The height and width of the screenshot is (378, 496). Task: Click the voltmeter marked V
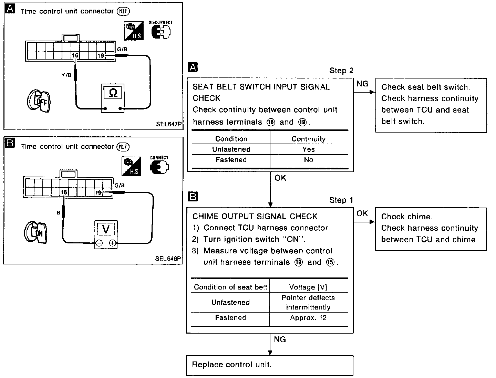[x=106, y=233]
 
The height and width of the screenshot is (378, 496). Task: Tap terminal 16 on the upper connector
[x=75, y=55]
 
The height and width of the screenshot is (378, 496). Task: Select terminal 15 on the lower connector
[x=64, y=192]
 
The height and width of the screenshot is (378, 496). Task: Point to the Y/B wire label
[x=66, y=75]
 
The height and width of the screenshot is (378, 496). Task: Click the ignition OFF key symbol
[x=38, y=101]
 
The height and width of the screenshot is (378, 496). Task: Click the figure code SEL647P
[x=168, y=124]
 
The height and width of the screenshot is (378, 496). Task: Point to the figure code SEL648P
[x=168, y=259]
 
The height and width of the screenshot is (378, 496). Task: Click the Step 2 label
[x=341, y=71]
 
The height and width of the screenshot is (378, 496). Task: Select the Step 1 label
[x=341, y=200]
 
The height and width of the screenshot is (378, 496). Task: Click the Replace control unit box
[x=270, y=365]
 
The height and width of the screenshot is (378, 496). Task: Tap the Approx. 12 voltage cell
[x=308, y=318]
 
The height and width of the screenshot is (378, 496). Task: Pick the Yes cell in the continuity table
[x=308, y=149]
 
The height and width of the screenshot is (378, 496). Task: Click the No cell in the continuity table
[x=308, y=160]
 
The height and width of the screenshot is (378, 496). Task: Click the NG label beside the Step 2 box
[x=362, y=84]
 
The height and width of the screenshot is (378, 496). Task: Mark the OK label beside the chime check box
[x=362, y=213]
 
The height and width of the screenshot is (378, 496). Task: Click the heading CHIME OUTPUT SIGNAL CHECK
[x=255, y=217]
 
